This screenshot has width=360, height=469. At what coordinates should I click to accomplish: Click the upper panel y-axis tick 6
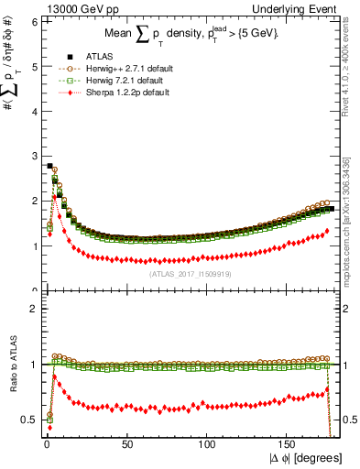coord(33,18)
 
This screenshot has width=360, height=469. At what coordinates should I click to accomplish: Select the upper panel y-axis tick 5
coord(33,64)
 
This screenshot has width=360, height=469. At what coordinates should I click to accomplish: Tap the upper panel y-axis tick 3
coord(33,155)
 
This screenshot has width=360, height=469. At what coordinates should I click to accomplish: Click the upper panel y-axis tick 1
coord(33,245)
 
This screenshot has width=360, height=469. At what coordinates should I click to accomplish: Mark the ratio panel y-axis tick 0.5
coord(29,420)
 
